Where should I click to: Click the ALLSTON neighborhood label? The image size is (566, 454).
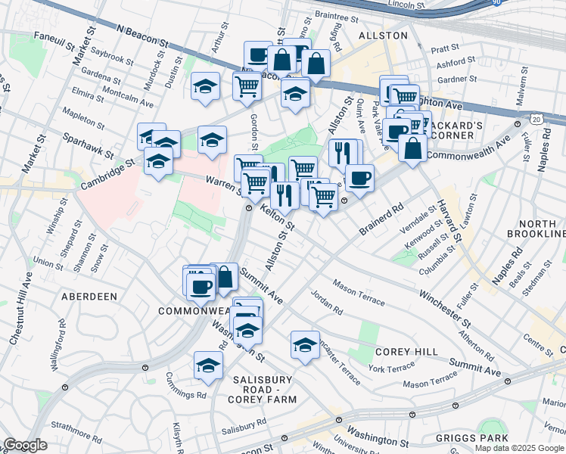coord(382,36)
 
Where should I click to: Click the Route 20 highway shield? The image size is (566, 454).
coord(536,119)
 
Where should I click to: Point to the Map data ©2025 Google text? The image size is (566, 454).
coord(520,448)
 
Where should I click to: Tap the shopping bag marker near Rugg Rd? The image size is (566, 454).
coord(316,64)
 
